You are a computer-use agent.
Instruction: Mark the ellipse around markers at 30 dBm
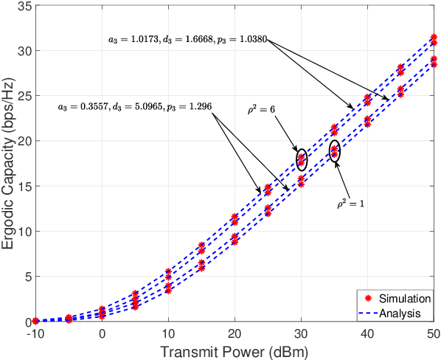(301, 159)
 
